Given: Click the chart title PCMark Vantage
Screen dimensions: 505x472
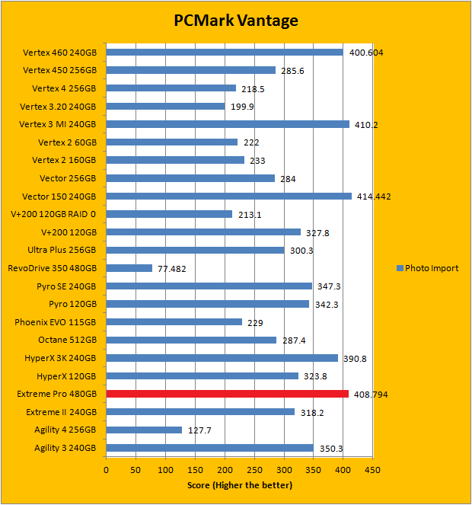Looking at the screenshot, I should pos(236,21).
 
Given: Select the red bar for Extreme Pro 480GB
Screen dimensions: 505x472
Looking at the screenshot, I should pos(227,394).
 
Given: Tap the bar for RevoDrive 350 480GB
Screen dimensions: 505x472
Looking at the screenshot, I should pos(129,268).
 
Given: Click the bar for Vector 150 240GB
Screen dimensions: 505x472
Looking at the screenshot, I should pos(228,196).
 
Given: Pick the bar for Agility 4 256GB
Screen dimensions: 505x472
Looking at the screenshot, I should pos(144,430).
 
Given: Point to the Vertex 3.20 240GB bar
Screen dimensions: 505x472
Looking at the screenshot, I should pos(165,106).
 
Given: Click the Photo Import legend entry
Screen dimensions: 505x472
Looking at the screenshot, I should pos(427,268).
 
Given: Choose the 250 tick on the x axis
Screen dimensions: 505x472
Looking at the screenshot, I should pos(254,470).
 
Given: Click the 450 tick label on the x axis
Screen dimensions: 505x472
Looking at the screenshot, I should pos(372,470).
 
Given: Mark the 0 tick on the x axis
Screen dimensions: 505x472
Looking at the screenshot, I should pos(107,470).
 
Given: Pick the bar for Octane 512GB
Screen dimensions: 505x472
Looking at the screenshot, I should pos(191,340).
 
